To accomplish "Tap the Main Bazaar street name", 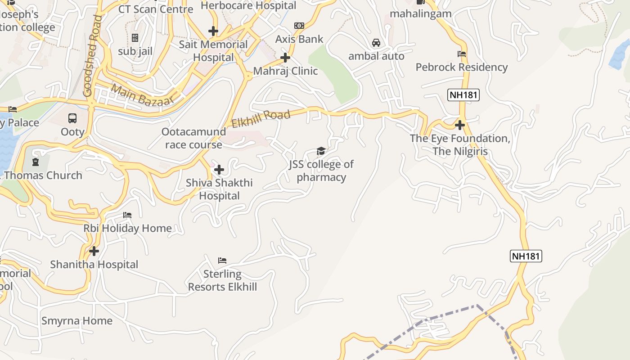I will coord(142,95).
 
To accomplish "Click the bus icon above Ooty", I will coord(72,118).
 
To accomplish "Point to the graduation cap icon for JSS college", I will coord(321,151).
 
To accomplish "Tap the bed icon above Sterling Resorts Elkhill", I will coord(222,261).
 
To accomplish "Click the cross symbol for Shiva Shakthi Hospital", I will coord(219,170).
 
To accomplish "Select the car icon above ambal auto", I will coord(376,43).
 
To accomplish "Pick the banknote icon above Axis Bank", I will coord(299,26).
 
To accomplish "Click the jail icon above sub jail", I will coord(135,38).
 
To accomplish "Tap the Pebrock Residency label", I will coord(461,67).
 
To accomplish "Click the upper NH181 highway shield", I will coord(463,95).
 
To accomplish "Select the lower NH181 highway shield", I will coord(526,256).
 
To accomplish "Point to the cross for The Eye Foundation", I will coord(460,125).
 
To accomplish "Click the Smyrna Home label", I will coord(77,321).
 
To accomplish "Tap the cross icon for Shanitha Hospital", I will coord(94,251).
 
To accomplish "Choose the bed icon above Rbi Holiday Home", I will coord(127,215).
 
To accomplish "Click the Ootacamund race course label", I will coord(193,138).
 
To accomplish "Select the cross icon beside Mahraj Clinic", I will coord(285,58).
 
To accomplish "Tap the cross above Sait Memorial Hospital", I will coord(213,31).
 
